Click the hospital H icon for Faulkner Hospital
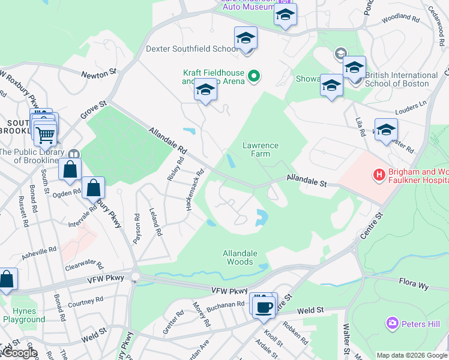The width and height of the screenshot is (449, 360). point(379,175)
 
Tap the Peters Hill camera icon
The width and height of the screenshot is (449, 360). point(393,323)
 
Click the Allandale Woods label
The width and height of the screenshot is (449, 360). point(238,257)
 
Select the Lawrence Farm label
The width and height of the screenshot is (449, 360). point(260,149)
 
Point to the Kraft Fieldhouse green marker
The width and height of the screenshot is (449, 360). point(254,76)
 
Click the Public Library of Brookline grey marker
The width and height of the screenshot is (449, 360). point(74,154)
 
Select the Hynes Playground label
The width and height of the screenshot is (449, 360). point(24,315)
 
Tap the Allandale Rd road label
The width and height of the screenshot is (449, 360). point(169,140)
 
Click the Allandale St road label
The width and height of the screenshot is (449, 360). point(306,179)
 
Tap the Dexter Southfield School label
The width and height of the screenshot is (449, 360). point(192,49)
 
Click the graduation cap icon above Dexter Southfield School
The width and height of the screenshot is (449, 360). point(246,39)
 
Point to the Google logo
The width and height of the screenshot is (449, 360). point(19,353)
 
